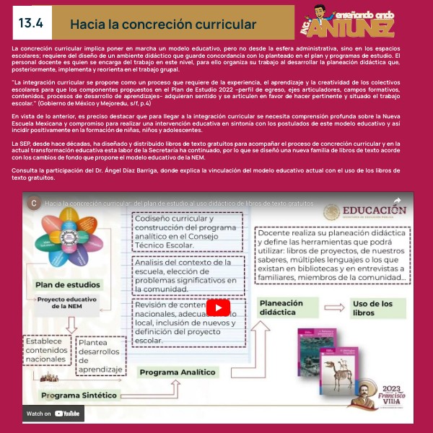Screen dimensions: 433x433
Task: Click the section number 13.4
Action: click(31, 23)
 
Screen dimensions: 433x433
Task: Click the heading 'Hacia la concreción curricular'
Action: click(163, 25)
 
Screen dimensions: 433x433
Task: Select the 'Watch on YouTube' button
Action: click(54, 414)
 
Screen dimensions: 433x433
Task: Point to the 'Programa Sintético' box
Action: click(79, 395)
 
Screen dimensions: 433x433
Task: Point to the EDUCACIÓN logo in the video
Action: click(364, 211)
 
